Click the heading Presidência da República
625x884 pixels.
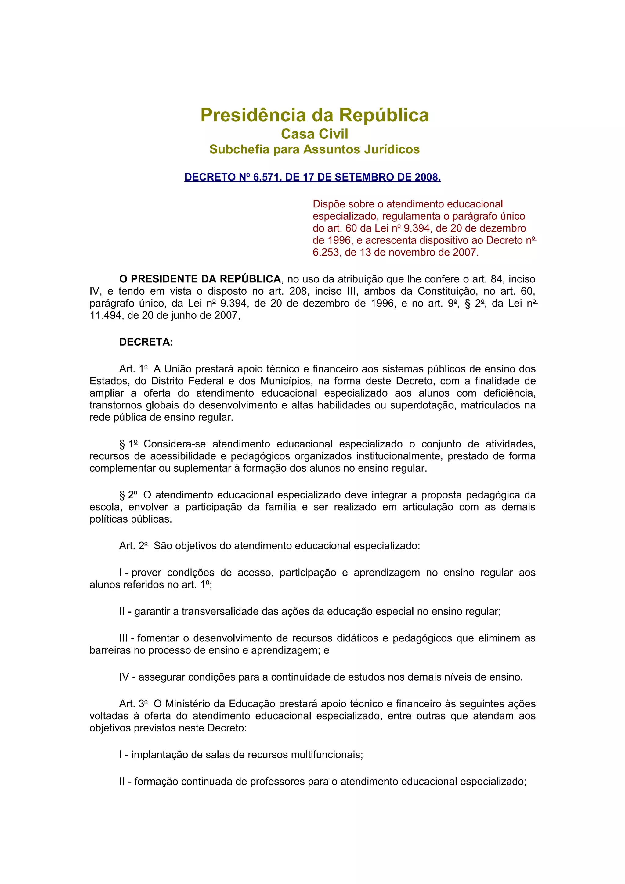click(x=314, y=115)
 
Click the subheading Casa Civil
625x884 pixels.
click(x=314, y=134)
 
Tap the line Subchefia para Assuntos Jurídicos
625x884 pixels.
click(x=314, y=149)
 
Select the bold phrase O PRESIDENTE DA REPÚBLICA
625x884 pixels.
click(x=200, y=279)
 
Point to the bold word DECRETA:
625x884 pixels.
click(x=146, y=342)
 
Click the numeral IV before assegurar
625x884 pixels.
click(x=124, y=677)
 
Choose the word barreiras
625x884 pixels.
click(x=109, y=650)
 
